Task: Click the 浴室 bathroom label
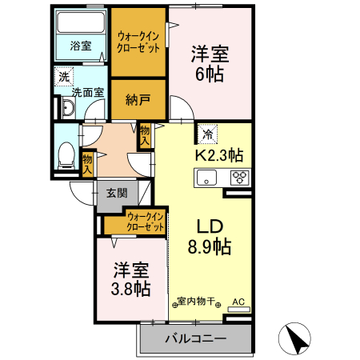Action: tap(80, 45)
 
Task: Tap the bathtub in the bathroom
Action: tap(80, 21)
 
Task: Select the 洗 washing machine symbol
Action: tap(63, 78)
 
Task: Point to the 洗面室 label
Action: tap(87, 92)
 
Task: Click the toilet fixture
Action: tap(67, 152)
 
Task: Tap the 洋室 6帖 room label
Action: tap(210, 64)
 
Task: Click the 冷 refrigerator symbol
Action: tap(206, 133)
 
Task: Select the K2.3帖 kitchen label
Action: tap(219, 154)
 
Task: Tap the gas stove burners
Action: tap(239, 178)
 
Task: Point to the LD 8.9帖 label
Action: tap(210, 234)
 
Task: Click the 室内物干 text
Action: tap(198, 302)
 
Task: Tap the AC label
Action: tap(238, 302)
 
